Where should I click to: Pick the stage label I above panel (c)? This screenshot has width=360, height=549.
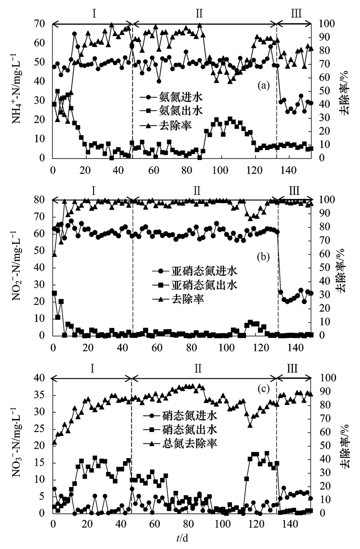pos(92,368)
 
